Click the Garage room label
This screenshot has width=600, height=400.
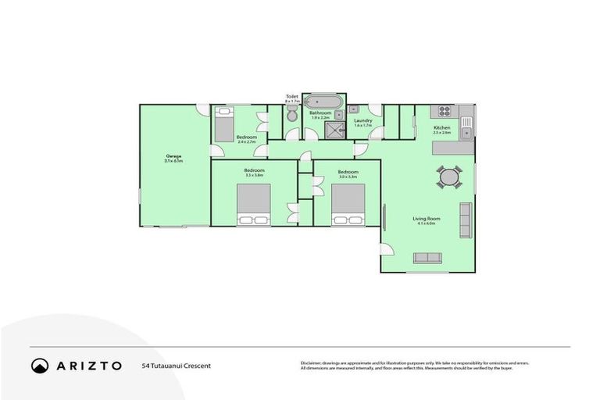(173, 156)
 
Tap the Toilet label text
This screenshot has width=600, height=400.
(291, 97)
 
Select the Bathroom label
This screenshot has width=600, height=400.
(320, 112)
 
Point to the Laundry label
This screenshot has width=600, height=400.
(362, 120)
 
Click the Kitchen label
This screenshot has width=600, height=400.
(442, 127)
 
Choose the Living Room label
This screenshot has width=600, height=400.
(427, 219)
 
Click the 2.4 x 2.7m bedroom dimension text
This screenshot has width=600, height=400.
(247, 142)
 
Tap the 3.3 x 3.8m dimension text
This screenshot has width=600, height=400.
(254, 176)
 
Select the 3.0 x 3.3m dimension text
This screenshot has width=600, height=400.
(348, 177)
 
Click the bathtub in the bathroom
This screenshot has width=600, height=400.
(322, 102)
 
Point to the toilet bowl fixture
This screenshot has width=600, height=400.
(291, 116)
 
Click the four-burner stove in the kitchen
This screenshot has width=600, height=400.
(445, 111)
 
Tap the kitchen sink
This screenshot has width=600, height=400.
(466, 122)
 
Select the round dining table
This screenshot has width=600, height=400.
(449, 177)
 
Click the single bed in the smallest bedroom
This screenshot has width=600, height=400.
(224, 123)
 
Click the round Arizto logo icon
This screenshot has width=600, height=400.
(39, 365)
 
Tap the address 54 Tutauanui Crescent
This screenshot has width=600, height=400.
(177, 366)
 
